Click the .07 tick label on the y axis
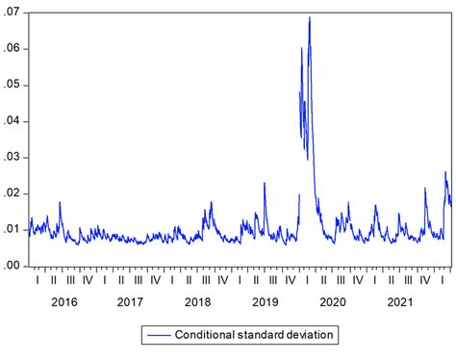[14, 13]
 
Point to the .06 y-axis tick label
[14, 49]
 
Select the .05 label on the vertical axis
[14, 85]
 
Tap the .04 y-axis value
[14, 121]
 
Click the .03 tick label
[14, 157]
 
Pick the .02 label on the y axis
[14, 193]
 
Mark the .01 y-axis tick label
[14, 229]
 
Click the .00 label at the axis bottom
[14, 266]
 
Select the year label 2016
[63, 302]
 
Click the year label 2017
[131, 302]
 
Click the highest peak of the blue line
[310, 17]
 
